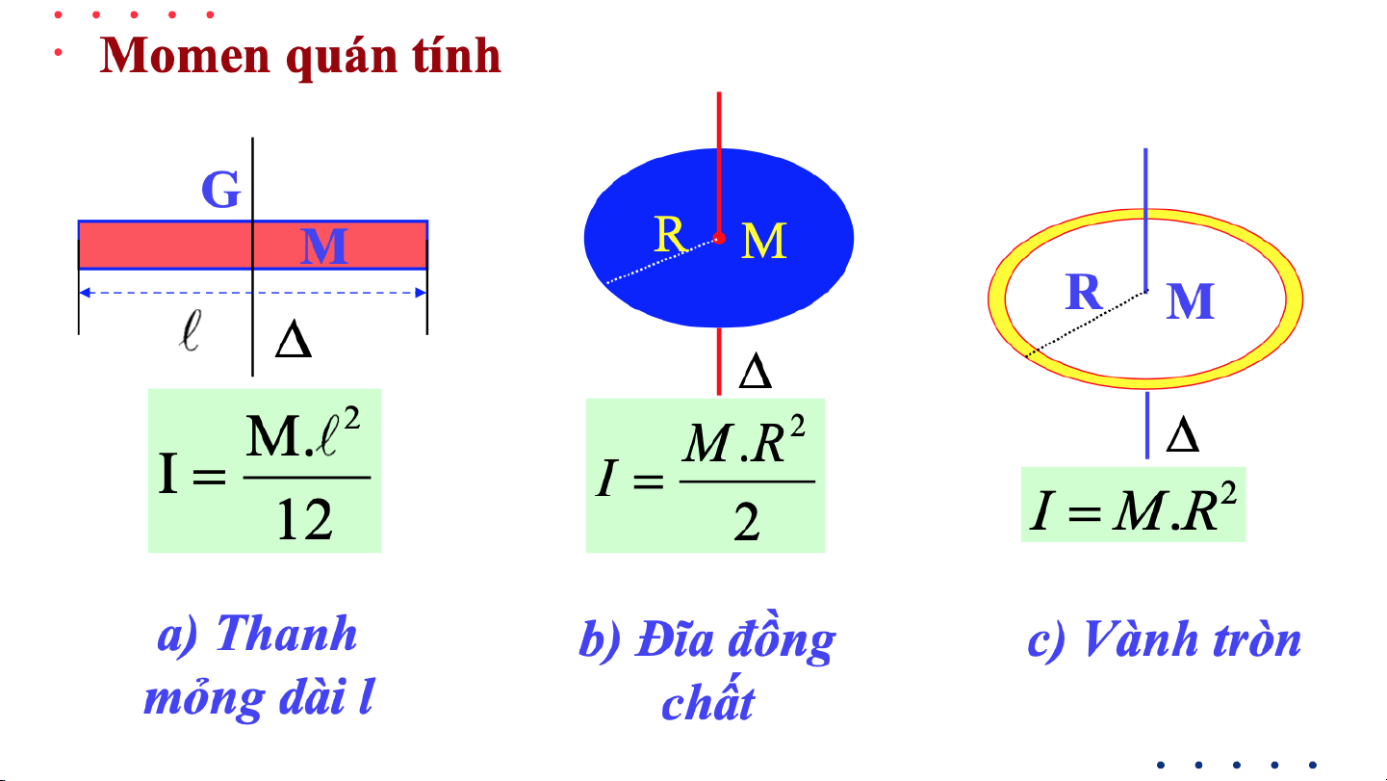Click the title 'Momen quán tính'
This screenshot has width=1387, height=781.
click(300, 56)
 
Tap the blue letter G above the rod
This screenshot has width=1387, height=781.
click(220, 191)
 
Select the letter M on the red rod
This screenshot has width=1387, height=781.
click(323, 247)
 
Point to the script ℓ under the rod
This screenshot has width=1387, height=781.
click(191, 332)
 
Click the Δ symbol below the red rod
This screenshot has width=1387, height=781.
click(293, 343)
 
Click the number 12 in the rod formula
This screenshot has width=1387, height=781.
click(304, 520)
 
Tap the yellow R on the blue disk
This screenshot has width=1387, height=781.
click(669, 234)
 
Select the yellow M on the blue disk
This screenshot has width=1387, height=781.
click(764, 241)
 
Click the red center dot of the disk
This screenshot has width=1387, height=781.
click(719, 238)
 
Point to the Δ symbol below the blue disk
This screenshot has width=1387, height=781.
click(755, 374)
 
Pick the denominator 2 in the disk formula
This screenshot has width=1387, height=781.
click(746, 523)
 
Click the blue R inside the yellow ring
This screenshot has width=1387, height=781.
click(1084, 293)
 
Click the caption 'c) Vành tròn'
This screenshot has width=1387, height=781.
click(1165, 639)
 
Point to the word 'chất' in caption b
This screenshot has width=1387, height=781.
click(707, 702)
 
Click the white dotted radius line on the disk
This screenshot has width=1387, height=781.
click(662, 260)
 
